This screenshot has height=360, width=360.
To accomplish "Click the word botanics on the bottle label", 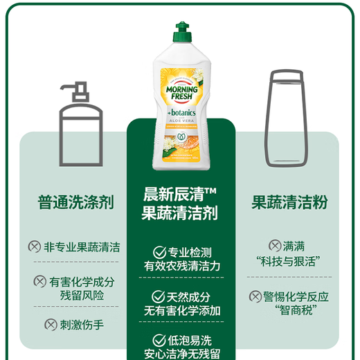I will pos(181,111).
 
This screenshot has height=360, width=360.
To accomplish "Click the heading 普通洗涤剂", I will pos(76,202).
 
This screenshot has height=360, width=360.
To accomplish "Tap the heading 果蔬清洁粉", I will pos(289,202).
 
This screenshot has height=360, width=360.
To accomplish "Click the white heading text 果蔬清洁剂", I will pos(180,213).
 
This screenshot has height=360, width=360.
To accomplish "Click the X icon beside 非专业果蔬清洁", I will pos(33,247).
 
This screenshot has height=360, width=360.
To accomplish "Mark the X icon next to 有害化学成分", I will pos(40,282).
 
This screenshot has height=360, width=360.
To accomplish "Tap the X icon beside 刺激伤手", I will pos(51,323).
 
